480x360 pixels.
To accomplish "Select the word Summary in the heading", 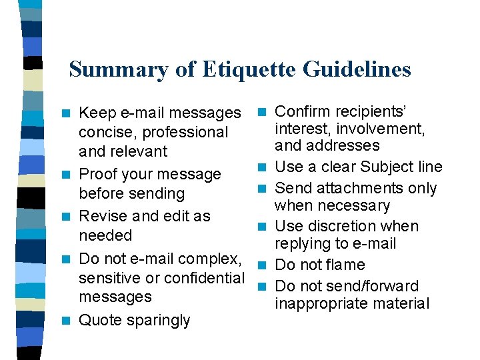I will click(x=110, y=69).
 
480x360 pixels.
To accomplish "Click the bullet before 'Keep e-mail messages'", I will click(x=65, y=113).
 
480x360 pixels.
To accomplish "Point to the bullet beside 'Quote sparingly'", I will click(x=65, y=320).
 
